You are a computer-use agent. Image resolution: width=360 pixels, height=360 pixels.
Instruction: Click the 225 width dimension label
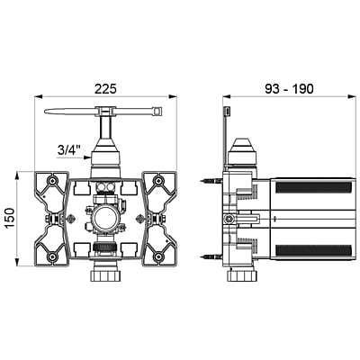coord(105,89)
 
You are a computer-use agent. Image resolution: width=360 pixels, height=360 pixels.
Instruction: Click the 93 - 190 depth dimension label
coord(289,89)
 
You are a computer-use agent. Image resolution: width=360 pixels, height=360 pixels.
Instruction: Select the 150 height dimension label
coord(10,219)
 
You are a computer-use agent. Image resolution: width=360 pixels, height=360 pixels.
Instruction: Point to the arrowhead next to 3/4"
coord(87,157)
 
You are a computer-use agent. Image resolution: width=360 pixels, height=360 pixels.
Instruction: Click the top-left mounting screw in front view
coord(53,181)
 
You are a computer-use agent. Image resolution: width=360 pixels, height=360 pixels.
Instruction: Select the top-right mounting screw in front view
coord(157,181)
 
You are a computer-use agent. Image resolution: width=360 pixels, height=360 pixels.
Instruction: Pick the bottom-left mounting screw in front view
coord(53,256)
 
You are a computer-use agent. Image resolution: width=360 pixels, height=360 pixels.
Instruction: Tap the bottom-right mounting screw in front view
coord(157,256)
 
